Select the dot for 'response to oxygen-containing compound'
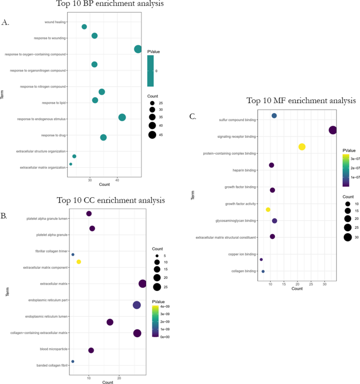(138, 49)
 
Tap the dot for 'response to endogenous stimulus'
(122, 117)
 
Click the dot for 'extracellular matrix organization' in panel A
(71, 164)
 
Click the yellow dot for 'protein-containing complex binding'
(302, 147)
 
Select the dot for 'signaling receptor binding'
(332, 130)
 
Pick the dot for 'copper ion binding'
(261, 259)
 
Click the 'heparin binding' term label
(244, 170)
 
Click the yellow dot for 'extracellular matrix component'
(79, 261)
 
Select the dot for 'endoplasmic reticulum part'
(137, 305)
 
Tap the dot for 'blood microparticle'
(91, 350)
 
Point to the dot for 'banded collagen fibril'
(73, 361)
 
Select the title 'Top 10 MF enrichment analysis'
(301, 100)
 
